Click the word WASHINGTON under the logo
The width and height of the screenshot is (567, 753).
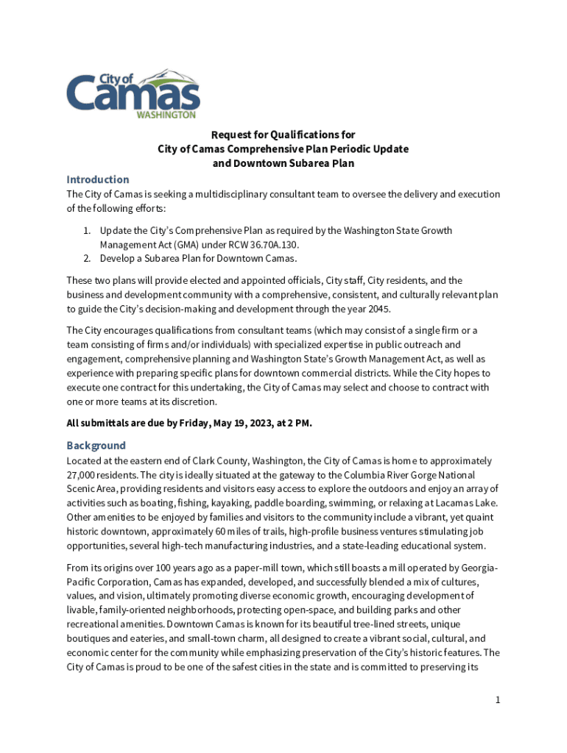(166, 115)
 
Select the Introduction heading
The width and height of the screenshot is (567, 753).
(98, 179)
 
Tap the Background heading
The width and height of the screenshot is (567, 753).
(96, 446)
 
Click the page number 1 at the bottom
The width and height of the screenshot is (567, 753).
(498, 700)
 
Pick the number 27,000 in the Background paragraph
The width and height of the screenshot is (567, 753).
(83, 475)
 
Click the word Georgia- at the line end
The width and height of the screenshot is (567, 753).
(479, 568)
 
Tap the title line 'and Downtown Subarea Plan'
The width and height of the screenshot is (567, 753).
(283, 163)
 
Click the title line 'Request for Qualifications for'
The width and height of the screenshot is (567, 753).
(283, 135)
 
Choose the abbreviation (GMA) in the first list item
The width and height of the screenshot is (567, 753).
(169, 244)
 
